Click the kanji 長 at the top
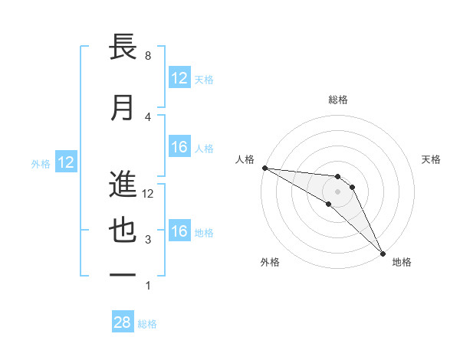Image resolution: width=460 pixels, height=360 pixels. coord(123,47)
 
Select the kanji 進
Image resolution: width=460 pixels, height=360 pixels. coord(123,184)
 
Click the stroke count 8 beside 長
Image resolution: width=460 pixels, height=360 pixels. coord(147,56)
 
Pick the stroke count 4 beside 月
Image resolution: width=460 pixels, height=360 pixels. coord(147,116)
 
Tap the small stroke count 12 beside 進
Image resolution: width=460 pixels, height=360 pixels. coord(149,194)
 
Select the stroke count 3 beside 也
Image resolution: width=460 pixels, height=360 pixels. coord(147,240)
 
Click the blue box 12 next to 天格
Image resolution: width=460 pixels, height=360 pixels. coord(179,78)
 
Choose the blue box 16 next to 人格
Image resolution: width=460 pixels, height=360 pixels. coord(179,148)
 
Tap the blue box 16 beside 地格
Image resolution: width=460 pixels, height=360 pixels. coord(179,232)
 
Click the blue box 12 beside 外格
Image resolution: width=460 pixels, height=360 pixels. coord(66,162)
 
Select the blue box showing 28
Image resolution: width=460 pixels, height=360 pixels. coord(123,322)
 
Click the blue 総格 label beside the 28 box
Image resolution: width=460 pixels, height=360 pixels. coord(147,324)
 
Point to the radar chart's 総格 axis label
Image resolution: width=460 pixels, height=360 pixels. coord(338,100)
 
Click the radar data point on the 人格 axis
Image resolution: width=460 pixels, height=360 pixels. coord(264,168)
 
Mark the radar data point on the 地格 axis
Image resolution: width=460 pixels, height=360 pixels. coord(383,253)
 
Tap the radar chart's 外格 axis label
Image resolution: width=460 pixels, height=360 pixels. coord(270,262)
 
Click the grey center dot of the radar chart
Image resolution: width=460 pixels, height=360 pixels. coord(338,191)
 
